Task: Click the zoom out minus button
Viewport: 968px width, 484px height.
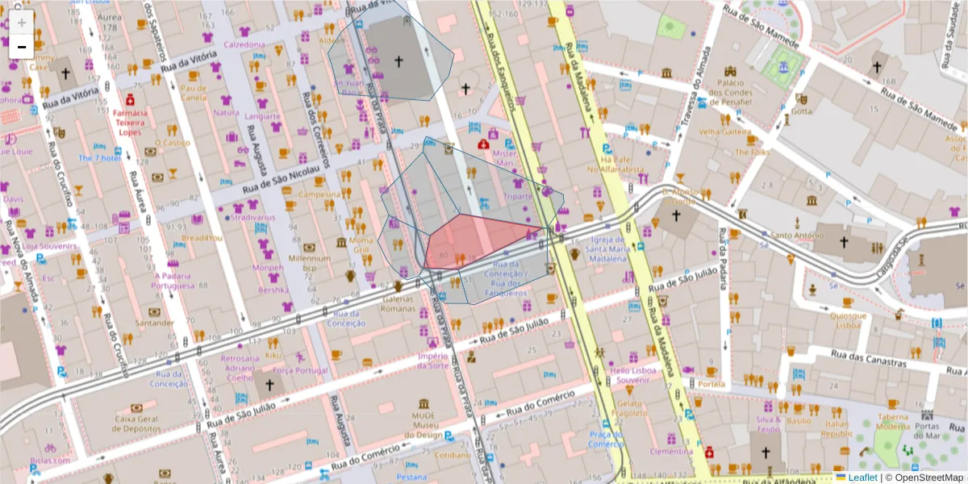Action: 22,48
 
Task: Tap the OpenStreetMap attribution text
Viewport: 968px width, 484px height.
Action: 924,477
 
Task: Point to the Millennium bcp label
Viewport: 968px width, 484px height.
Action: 310,261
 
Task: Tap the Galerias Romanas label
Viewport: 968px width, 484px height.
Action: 397,303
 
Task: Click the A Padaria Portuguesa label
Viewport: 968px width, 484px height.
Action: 175,280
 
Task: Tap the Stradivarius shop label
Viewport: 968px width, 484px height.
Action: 248,217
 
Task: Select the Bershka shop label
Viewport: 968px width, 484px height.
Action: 273,290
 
